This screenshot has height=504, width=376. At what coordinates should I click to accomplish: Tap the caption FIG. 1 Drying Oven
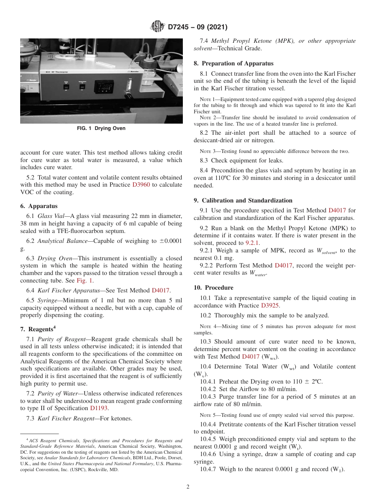tap(101, 128)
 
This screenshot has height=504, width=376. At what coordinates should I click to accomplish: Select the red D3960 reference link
tap(142, 185)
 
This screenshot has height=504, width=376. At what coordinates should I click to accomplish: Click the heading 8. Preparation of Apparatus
tap(233, 63)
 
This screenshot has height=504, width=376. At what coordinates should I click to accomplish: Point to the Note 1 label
tap(207, 99)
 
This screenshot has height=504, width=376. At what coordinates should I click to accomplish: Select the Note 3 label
tap(207, 151)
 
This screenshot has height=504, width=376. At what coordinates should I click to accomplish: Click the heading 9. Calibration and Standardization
tap(243, 200)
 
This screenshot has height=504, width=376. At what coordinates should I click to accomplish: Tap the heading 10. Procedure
tap(213, 288)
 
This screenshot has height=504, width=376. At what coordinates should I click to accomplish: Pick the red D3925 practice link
tap(271, 305)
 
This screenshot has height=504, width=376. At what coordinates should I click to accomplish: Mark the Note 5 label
tap(207, 415)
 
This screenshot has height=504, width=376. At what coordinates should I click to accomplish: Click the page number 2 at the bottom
tap(188, 487)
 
